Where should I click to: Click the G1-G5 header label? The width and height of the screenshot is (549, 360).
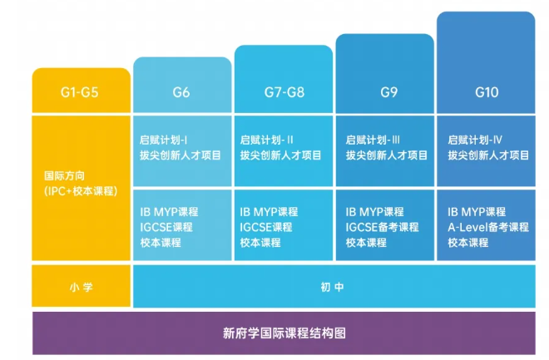(80, 92)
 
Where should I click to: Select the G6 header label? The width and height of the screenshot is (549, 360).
(181, 92)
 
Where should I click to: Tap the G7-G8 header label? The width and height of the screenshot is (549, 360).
(284, 92)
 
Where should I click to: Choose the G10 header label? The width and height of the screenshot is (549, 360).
(487, 92)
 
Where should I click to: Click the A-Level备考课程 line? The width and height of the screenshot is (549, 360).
(488, 227)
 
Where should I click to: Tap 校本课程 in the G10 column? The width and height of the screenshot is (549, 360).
(467, 243)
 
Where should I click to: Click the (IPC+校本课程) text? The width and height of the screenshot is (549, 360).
(80, 191)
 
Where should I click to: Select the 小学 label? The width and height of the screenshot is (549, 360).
(81, 287)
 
